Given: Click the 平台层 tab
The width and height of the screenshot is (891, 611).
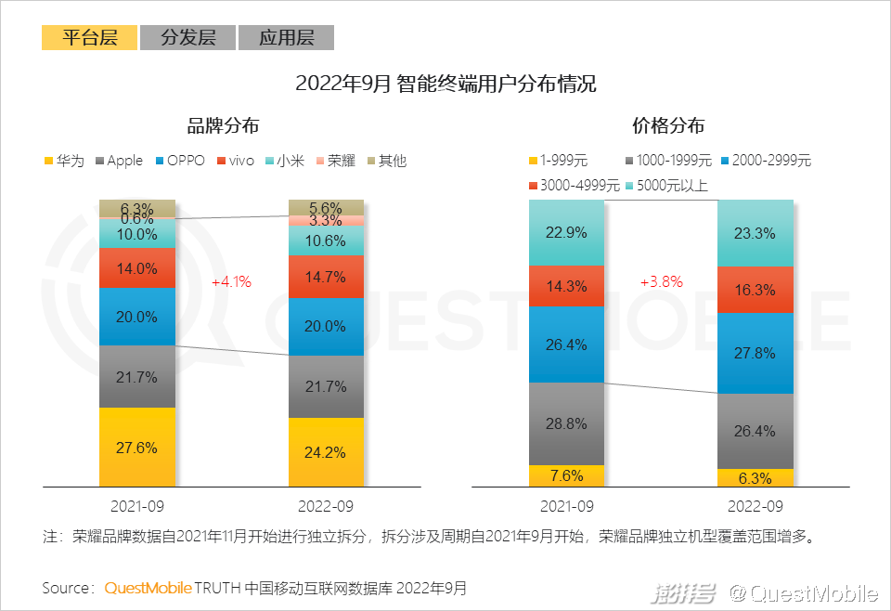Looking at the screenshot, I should coord(89,37).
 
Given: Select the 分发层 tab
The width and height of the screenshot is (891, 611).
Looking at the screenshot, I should coord(187,37).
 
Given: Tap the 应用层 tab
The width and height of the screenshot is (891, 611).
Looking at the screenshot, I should coord(286,37).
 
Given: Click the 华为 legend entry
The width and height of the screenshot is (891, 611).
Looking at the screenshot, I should coord(64,161).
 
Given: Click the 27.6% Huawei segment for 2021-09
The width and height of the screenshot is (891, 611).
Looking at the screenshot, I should coord(137,447).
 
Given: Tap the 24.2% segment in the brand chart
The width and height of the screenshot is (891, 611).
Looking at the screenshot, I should coord(326,452).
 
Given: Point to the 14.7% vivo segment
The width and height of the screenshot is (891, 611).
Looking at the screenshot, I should coord(326,277).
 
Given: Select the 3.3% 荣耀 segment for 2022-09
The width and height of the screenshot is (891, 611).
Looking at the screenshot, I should coord(326,221).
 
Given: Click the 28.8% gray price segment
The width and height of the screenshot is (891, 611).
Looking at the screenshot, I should coord(566,423).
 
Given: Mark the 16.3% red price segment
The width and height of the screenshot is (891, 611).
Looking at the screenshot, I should coord(755,290).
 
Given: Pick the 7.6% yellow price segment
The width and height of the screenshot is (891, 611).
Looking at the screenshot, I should coord(566,475).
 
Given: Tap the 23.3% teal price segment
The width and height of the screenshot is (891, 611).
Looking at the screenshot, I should coord(755,233).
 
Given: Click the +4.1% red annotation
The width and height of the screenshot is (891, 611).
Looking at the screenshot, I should coord(231,281).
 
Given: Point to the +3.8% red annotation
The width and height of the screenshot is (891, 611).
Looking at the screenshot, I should coord(660,281).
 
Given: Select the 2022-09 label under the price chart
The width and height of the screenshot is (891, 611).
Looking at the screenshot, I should coord(755,507).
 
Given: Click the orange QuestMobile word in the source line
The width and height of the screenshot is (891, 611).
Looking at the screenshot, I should coord(148,588).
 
